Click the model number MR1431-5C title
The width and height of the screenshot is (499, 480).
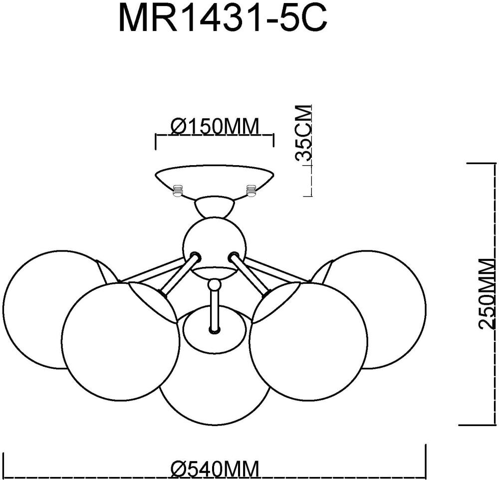[223, 19]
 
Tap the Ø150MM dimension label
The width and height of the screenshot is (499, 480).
[215, 127]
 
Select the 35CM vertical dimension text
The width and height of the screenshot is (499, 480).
[303, 133]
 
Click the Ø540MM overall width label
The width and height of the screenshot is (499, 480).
[215, 469]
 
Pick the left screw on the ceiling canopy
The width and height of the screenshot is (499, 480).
[178, 191]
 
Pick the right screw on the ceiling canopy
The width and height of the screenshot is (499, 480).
[250, 190]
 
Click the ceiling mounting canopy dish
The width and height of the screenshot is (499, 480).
[215, 178]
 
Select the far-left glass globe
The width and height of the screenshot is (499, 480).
[45, 309]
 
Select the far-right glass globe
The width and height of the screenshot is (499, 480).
[384, 309]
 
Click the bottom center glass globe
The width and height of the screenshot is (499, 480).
[215, 384]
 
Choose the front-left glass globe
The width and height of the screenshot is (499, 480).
[120, 342]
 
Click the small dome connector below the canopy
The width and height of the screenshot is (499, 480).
[215, 207]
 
